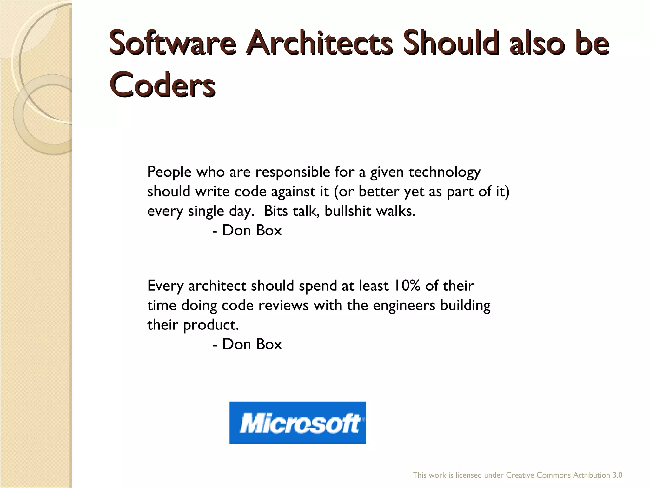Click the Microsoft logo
(297, 422)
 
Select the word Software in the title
(172, 43)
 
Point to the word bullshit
(348, 211)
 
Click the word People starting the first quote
(169, 172)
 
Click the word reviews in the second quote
(283, 305)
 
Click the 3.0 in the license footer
(617, 475)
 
